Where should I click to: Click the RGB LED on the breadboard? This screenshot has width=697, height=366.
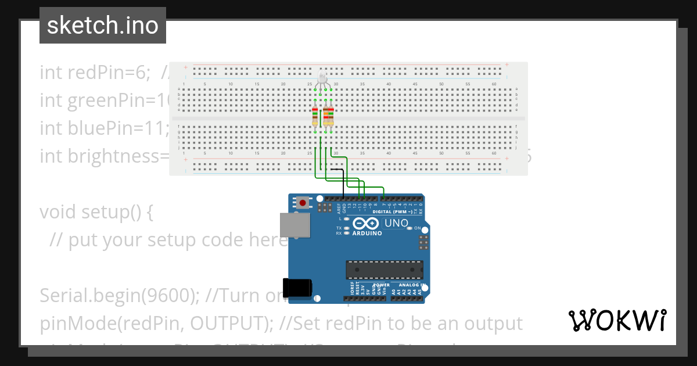[323, 80]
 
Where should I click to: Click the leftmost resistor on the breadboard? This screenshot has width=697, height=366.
[315, 116]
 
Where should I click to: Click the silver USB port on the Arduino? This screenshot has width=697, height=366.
[295, 225]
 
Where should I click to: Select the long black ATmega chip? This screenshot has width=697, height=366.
[385, 270]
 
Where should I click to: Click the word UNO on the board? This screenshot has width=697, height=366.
[397, 223]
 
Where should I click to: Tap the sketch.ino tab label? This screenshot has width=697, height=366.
[103, 26]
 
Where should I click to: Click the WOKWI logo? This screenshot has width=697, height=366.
[617, 320]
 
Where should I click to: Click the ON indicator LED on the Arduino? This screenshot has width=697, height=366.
[409, 228]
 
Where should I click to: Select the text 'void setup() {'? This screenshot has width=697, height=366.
[96, 212]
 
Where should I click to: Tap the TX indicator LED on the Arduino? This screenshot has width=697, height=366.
[347, 228]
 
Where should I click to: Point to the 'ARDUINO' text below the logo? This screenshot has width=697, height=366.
[367, 234]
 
